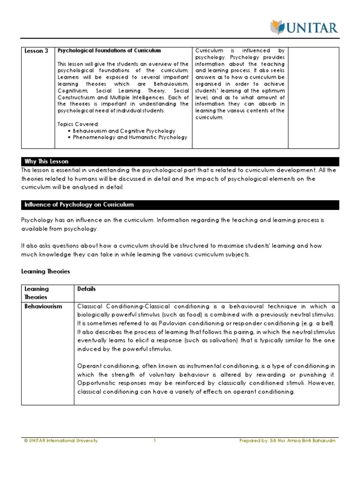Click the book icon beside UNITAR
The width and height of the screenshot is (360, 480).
coord(277,27)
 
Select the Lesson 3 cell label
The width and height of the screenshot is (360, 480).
coord(36,51)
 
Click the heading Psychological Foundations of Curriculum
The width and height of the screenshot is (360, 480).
coord(109,50)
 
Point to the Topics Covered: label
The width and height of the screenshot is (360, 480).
coord(78,124)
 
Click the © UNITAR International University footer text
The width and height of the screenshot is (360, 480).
coord(60,441)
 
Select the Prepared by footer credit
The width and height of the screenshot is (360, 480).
coord(287,441)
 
